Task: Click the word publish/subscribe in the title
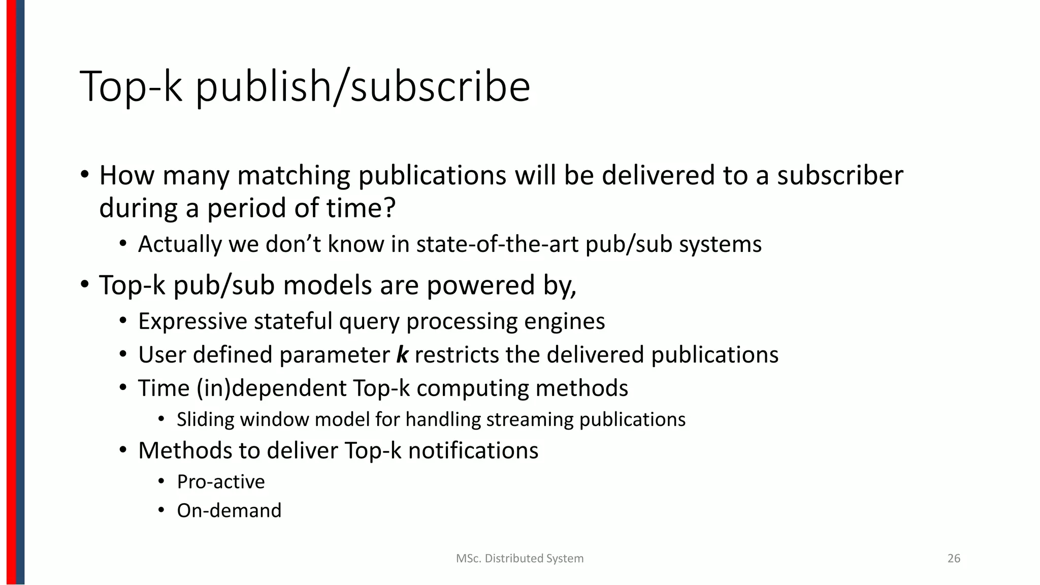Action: tap(363, 87)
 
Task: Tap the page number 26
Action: tap(954, 559)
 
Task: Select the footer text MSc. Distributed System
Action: tap(519, 559)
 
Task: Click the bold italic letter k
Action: tap(402, 354)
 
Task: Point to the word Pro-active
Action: tap(221, 481)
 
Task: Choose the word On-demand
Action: tap(229, 510)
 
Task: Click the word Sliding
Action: tap(206, 419)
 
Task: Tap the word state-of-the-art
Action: tap(497, 244)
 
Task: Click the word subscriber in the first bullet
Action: tap(840, 175)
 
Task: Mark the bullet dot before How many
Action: tap(84, 174)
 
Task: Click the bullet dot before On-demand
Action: tap(161, 510)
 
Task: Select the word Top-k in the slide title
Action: tap(131, 87)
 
